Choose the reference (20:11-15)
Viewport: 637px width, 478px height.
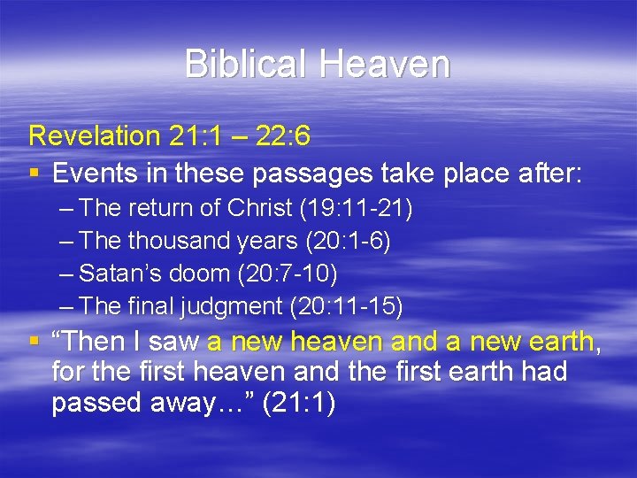(346, 307)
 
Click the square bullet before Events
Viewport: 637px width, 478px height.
(35, 174)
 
